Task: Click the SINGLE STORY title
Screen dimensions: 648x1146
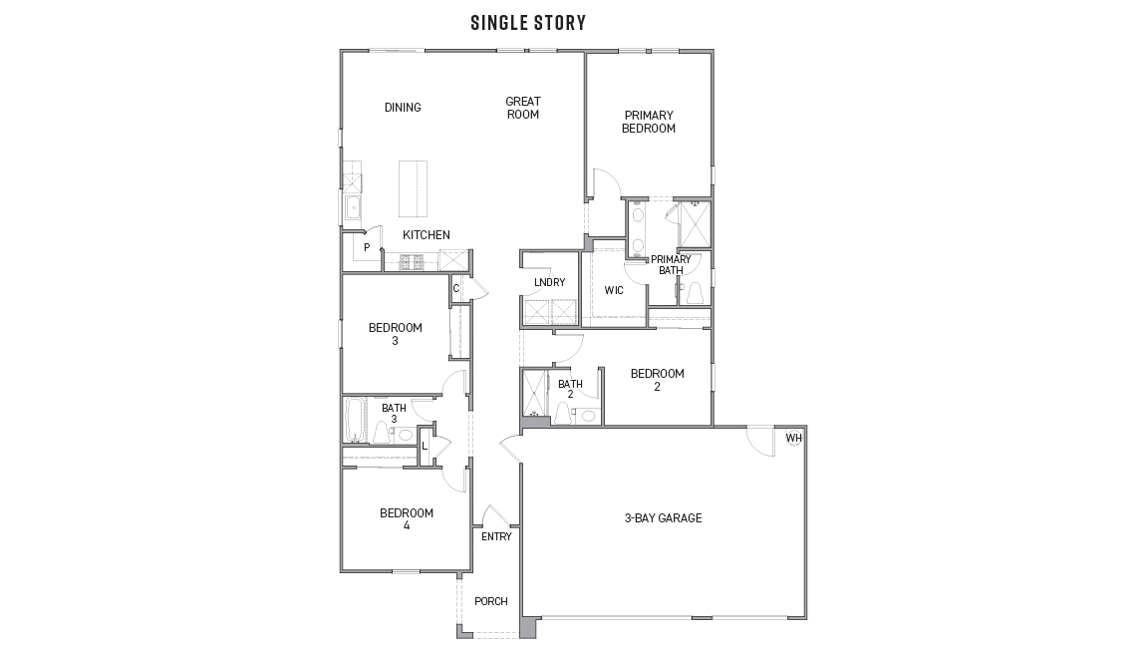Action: [528, 23]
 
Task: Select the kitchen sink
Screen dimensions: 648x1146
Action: [352, 208]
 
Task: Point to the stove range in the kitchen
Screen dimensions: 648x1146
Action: [413, 262]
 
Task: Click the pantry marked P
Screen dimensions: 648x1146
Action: [367, 247]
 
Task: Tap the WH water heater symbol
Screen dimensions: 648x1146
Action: [793, 439]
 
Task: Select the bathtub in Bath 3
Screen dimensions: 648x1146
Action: [355, 420]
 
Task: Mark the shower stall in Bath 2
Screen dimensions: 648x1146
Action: [533, 396]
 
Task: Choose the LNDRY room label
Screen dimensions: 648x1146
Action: [549, 282]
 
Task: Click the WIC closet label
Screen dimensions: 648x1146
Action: [614, 290]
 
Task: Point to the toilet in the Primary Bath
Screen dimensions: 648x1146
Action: [695, 292]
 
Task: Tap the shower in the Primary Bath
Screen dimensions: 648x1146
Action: [695, 224]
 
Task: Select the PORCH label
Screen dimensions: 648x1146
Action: [491, 601]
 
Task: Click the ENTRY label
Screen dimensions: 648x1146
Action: [496, 536]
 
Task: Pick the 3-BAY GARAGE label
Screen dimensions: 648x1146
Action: [664, 517]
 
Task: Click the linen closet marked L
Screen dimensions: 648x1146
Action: [425, 446]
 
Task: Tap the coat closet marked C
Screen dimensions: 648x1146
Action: [455, 288]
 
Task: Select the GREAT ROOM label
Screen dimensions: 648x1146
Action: [522, 108]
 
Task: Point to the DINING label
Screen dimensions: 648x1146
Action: [403, 108]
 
